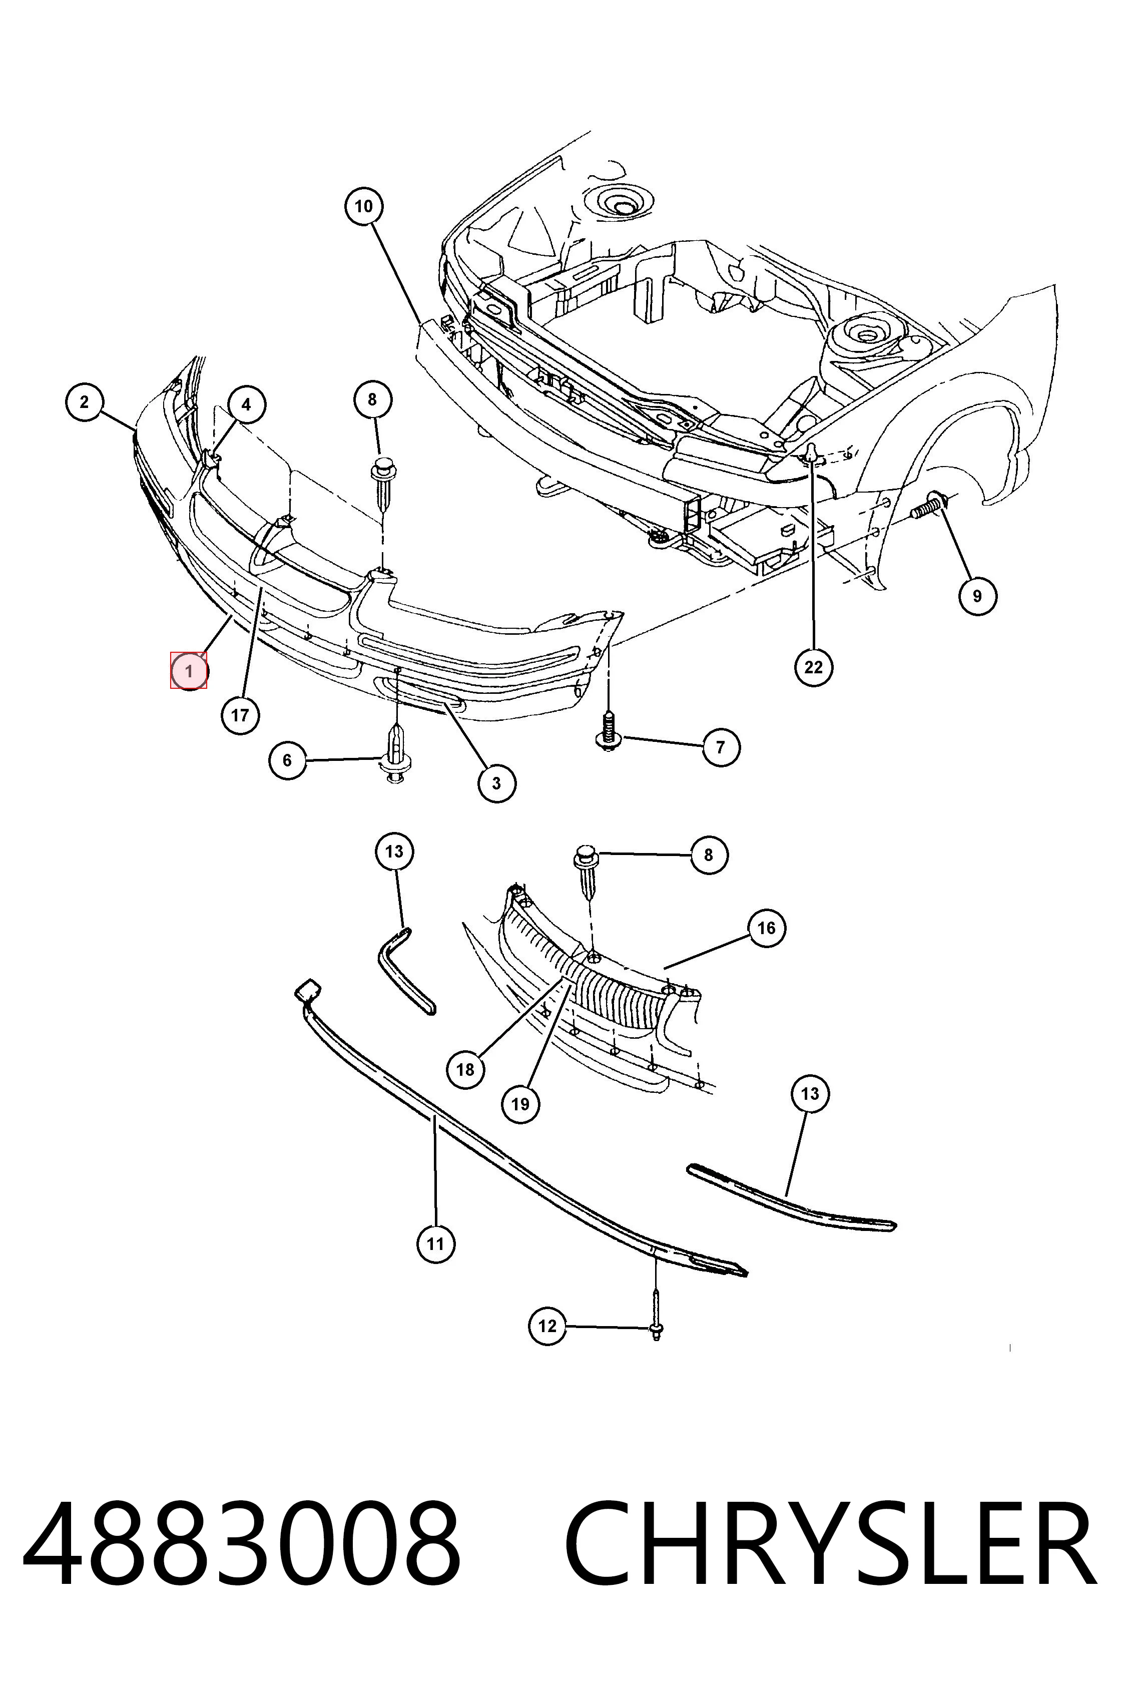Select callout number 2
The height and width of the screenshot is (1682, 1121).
pyautogui.click(x=85, y=402)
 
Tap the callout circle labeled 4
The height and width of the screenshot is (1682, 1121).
pyautogui.click(x=246, y=405)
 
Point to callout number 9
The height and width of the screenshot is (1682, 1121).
pyautogui.click(x=977, y=595)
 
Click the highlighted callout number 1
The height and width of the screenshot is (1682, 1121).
pyautogui.click(x=189, y=671)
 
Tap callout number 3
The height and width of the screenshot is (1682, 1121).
pyautogui.click(x=497, y=782)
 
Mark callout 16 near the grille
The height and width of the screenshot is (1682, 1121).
pyautogui.click(x=766, y=928)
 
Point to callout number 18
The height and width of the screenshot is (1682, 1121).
pyautogui.click(x=465, y=1069)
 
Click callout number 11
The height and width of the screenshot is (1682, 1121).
pyautogui.click(x=435, y=1243)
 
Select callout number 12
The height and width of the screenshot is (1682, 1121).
pyautogui.click(x=547, y=1326)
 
